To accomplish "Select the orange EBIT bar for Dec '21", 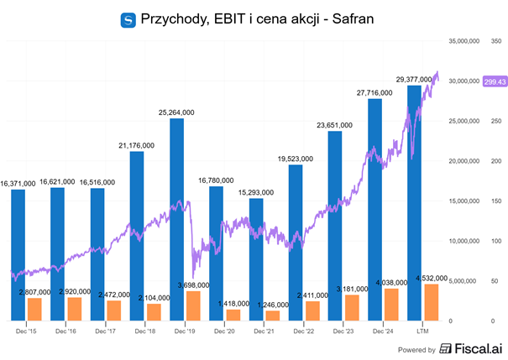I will point(273,316).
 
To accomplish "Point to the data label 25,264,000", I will point(176,112).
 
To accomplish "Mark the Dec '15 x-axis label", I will point(26,331).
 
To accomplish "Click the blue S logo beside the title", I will point(128,18).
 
